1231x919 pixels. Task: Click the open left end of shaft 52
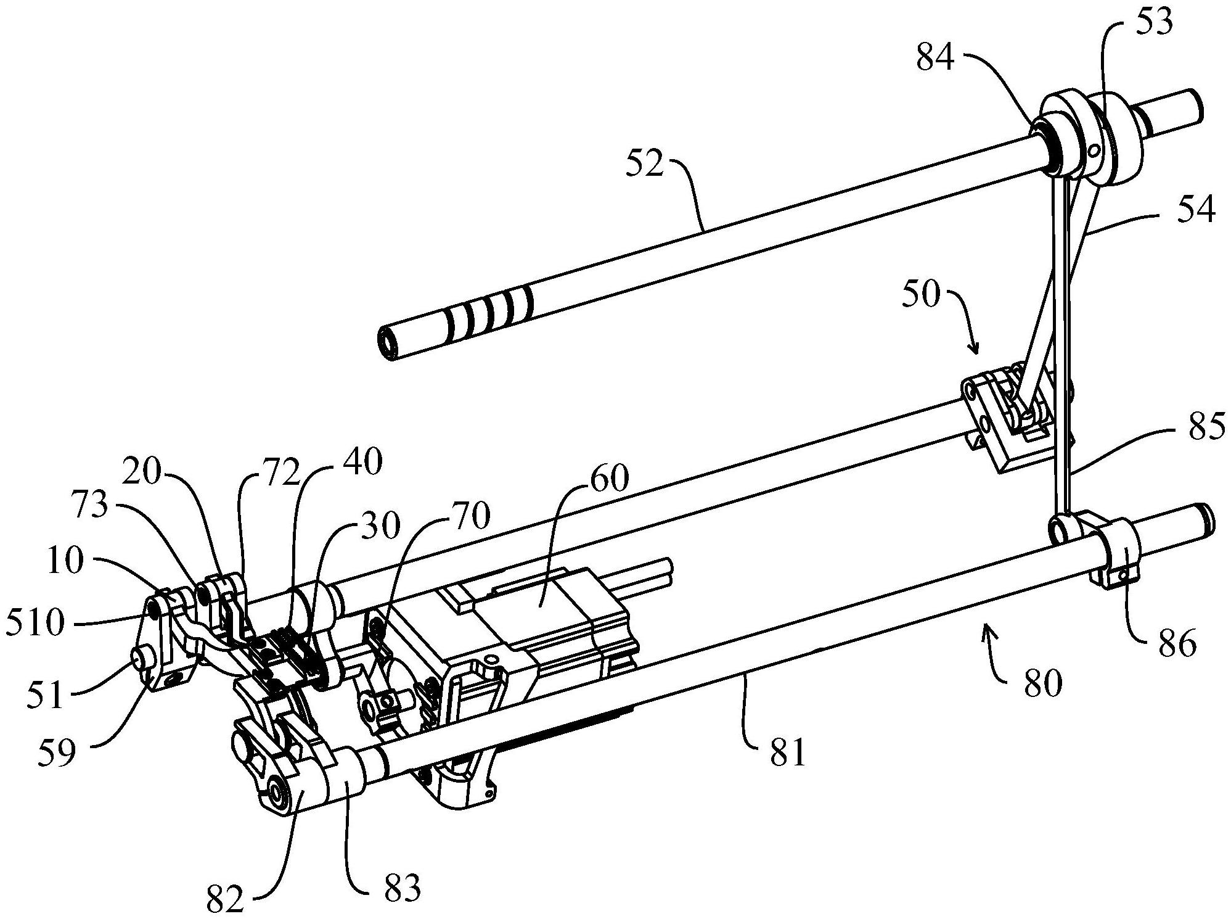click(x=386, y=342)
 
